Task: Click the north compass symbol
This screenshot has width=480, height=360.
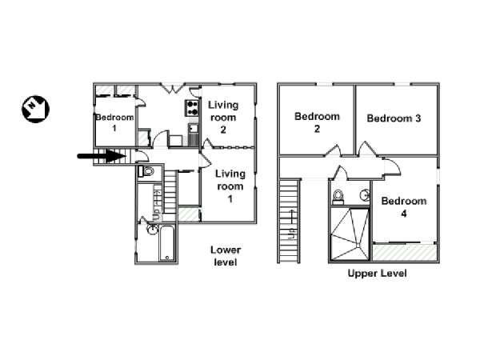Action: click(35, 110)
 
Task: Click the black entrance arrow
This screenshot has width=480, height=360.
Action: click(102, 156)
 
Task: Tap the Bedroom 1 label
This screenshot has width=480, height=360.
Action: click(114, 122)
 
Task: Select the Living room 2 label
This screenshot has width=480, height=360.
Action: click(223, 118)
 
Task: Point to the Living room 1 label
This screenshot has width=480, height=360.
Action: click(230, 186)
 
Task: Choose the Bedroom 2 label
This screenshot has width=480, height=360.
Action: click(317, 122)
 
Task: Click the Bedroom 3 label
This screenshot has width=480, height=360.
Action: click(394, 118)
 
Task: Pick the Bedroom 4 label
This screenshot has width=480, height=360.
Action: click(404, 207)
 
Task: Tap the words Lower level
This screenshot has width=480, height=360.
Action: click(226, 256)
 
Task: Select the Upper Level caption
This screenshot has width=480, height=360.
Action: click(377, 273)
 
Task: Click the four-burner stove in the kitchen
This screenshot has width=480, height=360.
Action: click(192, 108)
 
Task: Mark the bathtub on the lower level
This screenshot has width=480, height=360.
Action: click(167, 243)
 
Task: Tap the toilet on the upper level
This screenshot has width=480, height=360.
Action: click(338, 197)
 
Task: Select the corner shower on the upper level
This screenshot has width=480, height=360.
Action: click(350, 234)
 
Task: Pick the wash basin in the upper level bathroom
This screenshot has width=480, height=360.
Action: click(365, 194)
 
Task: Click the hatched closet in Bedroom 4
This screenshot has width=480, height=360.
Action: click(404, 252)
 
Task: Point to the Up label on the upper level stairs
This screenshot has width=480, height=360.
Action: click(292, 234)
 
